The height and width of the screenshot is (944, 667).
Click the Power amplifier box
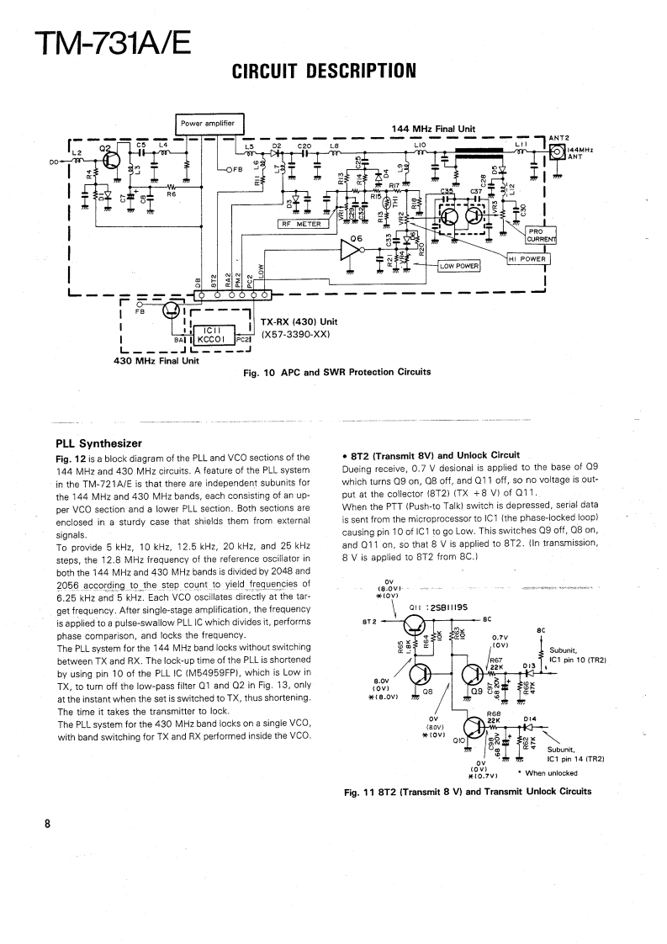point(209,124)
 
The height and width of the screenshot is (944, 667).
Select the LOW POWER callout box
point(458,266)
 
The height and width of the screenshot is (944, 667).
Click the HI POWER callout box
point(527,258)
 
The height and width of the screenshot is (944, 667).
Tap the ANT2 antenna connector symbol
point(557,152)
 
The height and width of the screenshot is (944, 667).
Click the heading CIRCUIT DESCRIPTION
point(324,71)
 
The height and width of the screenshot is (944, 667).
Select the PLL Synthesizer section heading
point(98,443)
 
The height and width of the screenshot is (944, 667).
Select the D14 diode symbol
point(528,726)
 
